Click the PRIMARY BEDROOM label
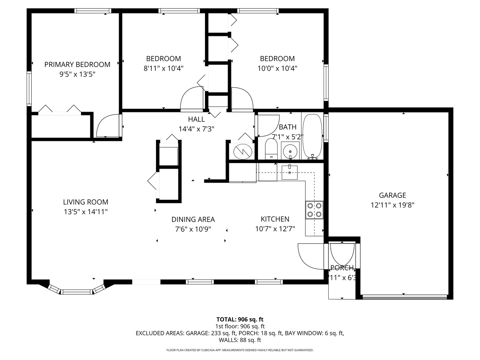click(x=77, y=64)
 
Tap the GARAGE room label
click(x=392, y=195)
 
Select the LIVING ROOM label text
click(x=86, y=202)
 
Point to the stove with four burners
click(x=314, y=210)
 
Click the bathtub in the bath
click(x=312, y=136)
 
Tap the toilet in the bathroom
click(x=271, y=149)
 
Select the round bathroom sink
click(x=290, y=151)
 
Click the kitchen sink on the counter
click(x=289, y=172)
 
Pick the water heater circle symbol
click(x=243, y=152)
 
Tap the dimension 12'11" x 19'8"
click(x=392, y=205)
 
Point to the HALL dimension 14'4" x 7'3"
click(x=196, y=129)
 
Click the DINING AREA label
click(x=193, y=219)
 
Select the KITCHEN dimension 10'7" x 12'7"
click(x=275, y=229)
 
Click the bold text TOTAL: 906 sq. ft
click(x=240, y=319)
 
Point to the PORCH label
click(x=342, y=268)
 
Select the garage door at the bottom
click(x=405, y=296)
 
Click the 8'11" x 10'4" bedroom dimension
click(x=163, y=68)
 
